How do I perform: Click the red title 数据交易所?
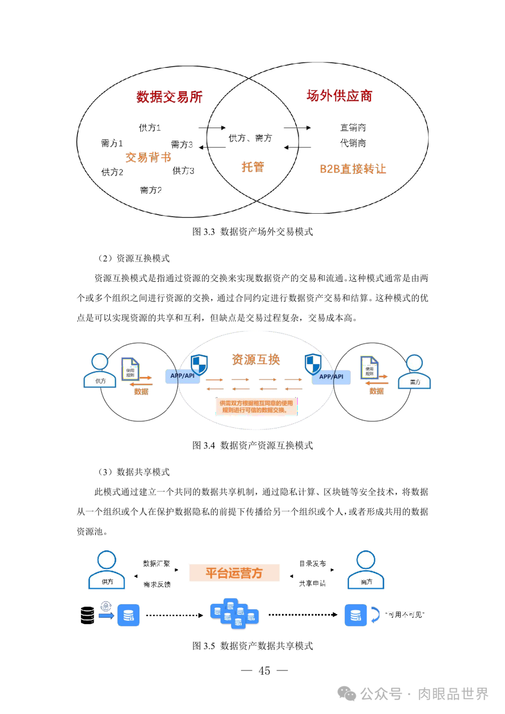pos(169,97)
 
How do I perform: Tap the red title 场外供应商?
pos(339,96)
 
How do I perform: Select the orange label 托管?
pos(252,167)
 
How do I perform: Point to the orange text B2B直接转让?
pos(353,169)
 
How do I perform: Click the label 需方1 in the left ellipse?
pos(112,143)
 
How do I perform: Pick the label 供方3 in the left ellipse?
pos(183,171)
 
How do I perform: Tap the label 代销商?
pos(353,143)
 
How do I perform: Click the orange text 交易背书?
pos(148,157)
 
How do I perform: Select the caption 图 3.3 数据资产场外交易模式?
pos(252,231)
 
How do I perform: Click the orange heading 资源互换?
pos(256,359)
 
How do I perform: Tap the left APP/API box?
pos(182,376)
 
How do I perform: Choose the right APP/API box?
pos(332,376)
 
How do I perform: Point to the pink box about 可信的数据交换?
pos(256,406)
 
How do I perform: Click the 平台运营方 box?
pos(234,573)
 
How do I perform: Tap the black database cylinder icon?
pos(87,615)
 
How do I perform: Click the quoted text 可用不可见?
pos(404,615)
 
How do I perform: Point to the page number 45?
pos(264,671)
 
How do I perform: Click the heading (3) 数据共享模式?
pos(133,472)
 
